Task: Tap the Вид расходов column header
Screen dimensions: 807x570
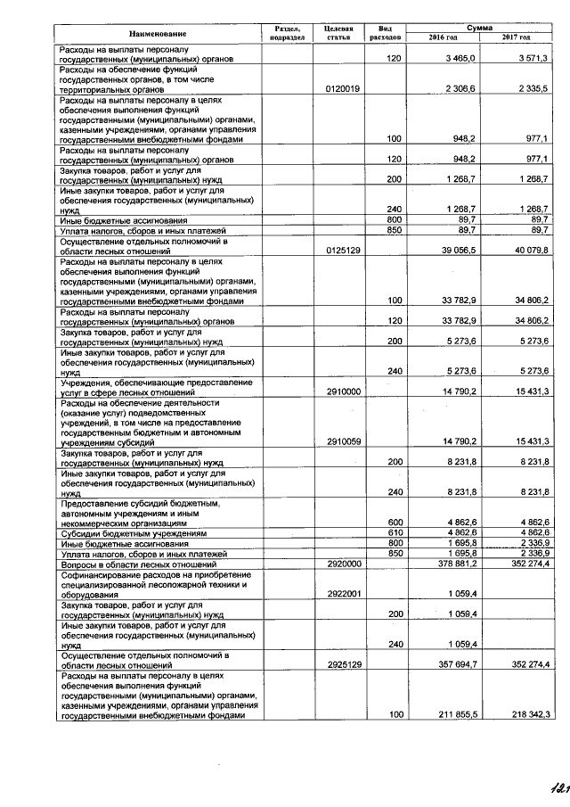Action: pyautogui.click(x=385, y=34)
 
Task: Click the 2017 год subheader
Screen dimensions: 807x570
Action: pyautogui.click(x=516, y=38)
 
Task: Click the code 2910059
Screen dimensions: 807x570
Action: pyautogui.click(x=343, y=441)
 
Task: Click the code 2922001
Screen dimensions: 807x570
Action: pyautogui.click(x=343, y=594)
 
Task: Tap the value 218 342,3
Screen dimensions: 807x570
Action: pyautogui.click(x=525, y=714)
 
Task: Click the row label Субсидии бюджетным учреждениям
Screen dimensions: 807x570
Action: pyautogui.click(x=133, y=532)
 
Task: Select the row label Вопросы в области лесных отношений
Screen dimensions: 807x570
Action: pyautogui.click(x=141, y=564)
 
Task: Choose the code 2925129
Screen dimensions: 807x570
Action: pyautogui.click(x=343, y=664)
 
